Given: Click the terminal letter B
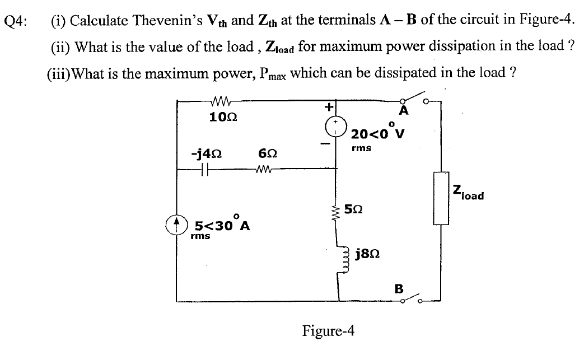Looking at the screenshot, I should (399, 288).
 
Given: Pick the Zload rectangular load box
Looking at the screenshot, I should (440, 199).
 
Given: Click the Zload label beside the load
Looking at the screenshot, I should (469, 193).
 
